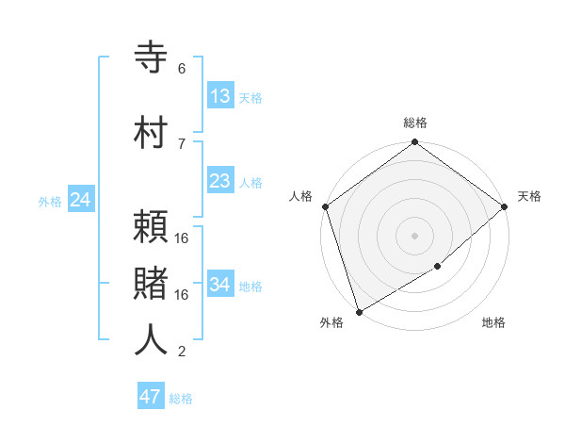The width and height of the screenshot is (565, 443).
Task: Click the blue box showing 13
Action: coord(219,96)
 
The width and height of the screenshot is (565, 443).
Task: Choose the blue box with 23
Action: coord(219,181)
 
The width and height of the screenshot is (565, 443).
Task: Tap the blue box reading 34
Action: coord(219,285)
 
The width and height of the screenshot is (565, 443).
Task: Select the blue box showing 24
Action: coord(80,200)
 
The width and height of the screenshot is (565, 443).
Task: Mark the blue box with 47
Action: coord(151,397)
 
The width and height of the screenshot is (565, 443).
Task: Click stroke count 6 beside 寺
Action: coord(182,69)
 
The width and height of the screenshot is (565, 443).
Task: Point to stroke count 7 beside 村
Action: coord(182,143)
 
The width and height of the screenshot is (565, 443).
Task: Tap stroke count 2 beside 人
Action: coord(182,352)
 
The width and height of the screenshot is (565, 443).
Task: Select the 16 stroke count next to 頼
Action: coord(182,238)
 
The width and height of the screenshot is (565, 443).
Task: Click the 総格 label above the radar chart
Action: coord(414,123)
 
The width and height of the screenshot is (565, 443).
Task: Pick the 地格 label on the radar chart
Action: coord(493,323)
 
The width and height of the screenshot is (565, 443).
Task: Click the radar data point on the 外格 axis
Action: coord(358,311)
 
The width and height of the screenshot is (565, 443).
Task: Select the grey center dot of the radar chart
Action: coord(414,235)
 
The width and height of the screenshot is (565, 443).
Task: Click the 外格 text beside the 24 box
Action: coord(50,201)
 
